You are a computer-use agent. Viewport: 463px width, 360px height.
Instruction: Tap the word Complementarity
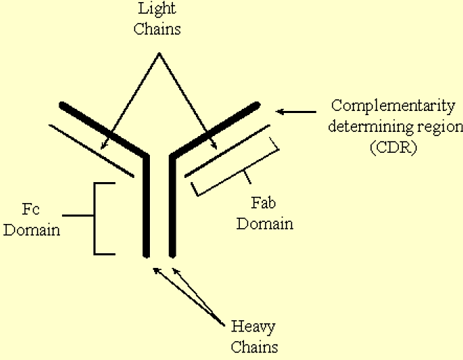click(393, 106)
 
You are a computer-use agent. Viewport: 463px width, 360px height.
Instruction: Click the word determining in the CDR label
click(377, 127)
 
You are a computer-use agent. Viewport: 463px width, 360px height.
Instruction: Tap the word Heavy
click(253, 327)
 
